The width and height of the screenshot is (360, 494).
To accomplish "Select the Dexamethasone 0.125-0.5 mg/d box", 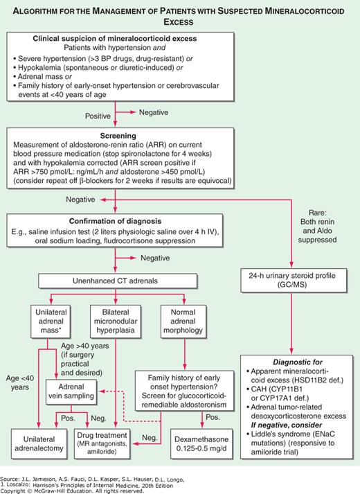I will coord(204,438).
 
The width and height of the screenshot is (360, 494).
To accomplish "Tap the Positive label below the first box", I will coord(99,114).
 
